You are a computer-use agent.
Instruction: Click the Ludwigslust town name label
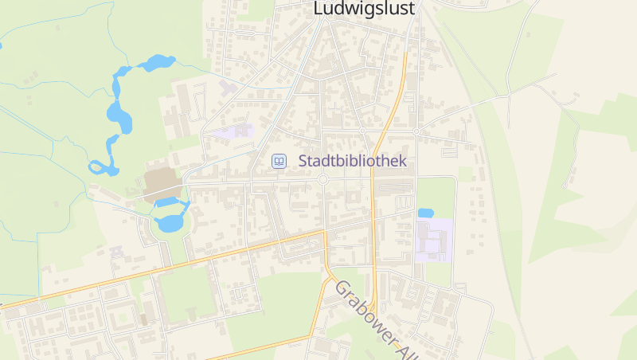tap(365, 9)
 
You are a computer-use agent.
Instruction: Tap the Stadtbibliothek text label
tap(352, 161)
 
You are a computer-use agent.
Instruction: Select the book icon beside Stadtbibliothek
tap(279, 161)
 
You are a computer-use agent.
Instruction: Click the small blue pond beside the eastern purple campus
tap(425, 213)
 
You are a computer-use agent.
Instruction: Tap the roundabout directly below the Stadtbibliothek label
tap(322, 180)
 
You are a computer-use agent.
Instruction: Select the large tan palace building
tap(163, 184)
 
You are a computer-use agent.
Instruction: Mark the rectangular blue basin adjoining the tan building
tap(168, 202)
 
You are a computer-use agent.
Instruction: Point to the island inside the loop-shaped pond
tap(99, 167)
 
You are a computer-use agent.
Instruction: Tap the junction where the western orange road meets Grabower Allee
tap(326, 233)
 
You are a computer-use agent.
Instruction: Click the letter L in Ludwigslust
tap(318, 8)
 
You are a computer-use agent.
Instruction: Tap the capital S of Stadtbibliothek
tap(303, 161)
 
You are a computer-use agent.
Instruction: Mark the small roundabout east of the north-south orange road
tap(416, 131)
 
